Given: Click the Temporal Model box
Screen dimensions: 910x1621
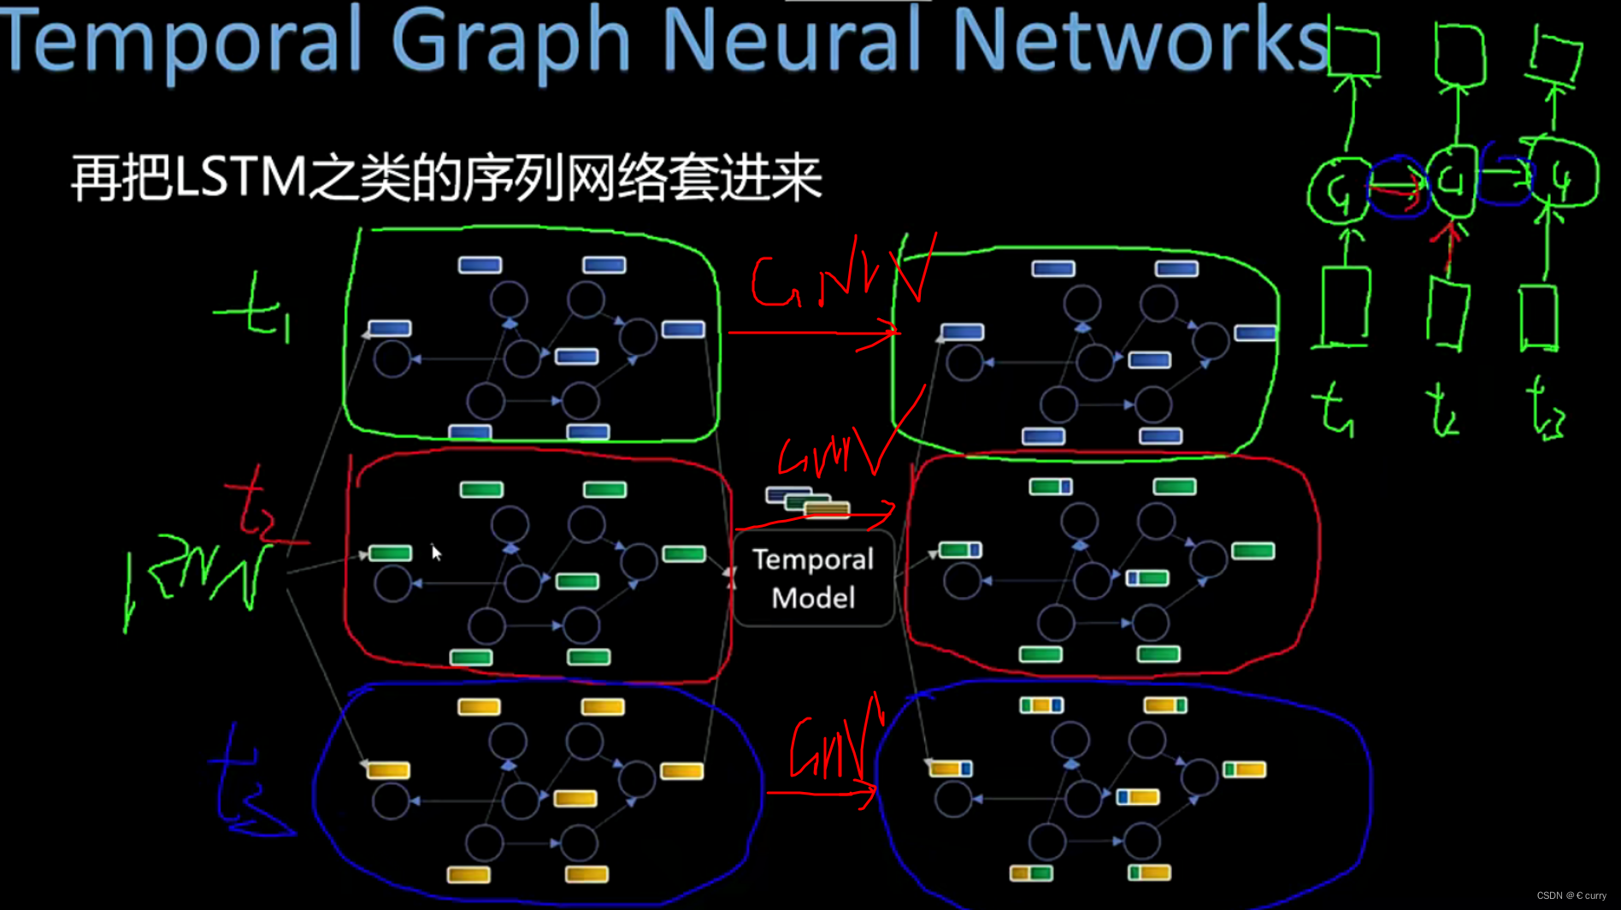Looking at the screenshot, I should tap(813, 578).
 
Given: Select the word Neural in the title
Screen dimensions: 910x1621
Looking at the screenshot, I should tap(791, 40).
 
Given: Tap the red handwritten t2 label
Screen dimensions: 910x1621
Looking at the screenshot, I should tap(256, 510).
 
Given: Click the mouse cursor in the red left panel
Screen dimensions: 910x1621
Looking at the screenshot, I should tap(436, 552).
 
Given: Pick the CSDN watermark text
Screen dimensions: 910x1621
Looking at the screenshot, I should tap(1571, 895).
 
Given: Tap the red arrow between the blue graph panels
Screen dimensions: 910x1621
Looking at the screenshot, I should tap(821, 794).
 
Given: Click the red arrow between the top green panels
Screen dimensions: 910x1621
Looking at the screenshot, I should tap(812, 332).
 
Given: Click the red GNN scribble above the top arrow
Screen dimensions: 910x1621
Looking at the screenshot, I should tap(834, 278).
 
